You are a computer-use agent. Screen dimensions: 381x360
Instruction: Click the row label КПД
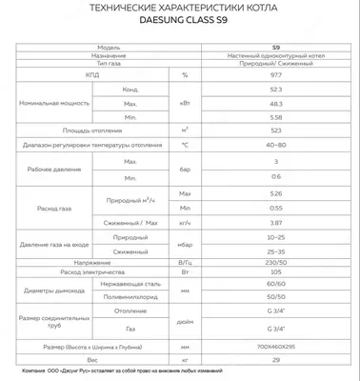(88, 73)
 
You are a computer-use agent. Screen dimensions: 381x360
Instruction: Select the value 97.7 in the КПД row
(275, 73)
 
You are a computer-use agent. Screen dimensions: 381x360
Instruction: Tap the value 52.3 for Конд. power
(275, 88)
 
